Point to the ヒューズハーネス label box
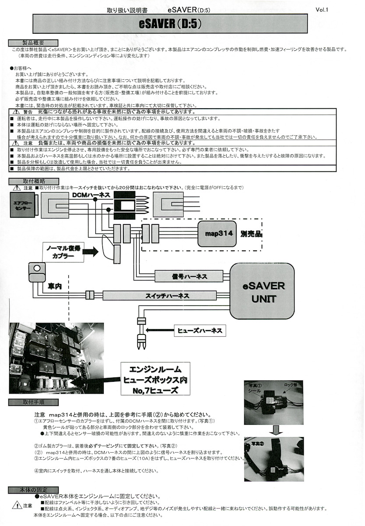199,330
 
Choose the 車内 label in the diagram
55,286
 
